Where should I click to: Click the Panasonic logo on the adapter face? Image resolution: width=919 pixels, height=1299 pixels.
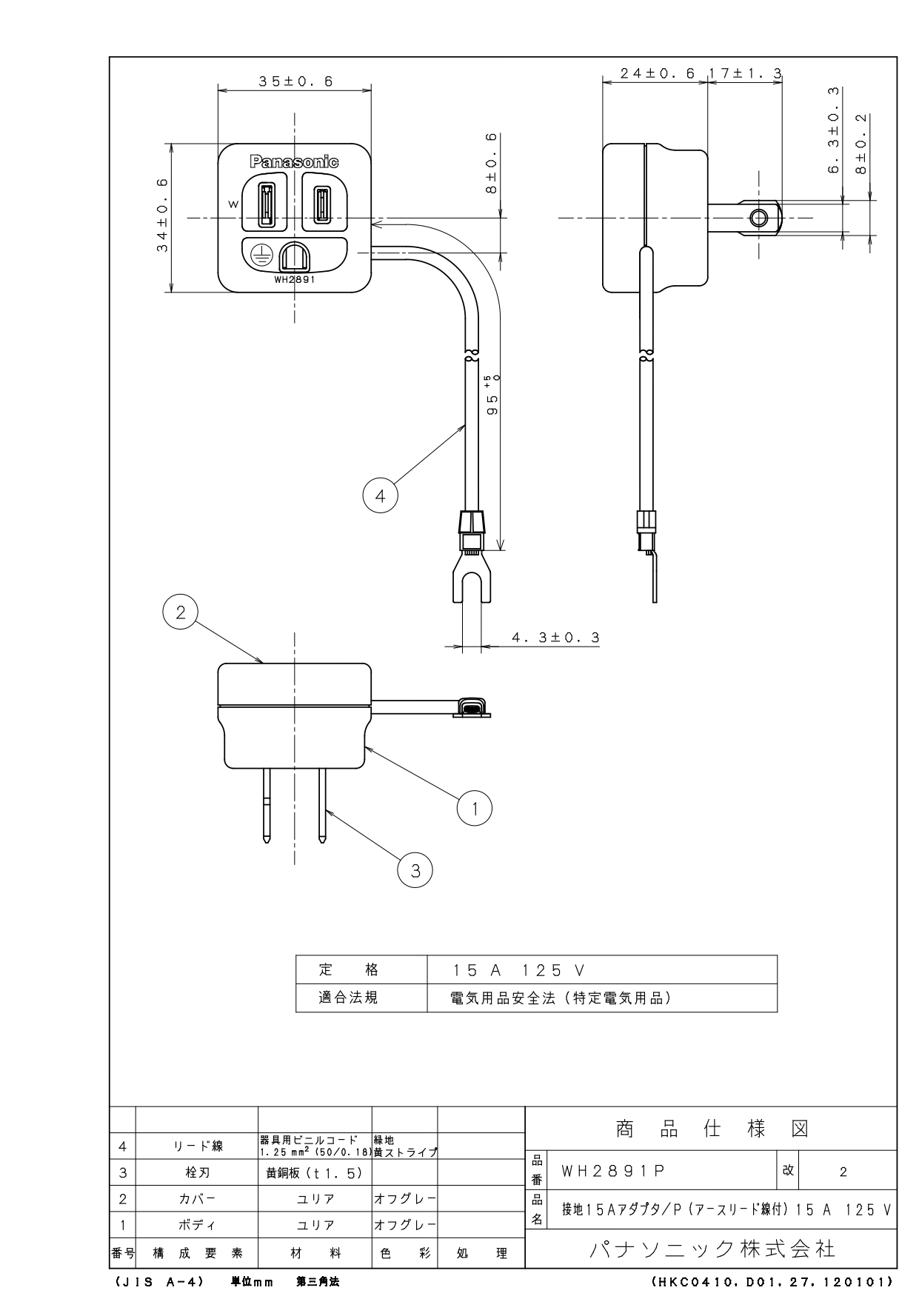click(294, 161)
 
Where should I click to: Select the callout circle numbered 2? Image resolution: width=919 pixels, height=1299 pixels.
click(180, 612)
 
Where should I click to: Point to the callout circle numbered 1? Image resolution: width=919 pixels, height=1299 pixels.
click(475, 808)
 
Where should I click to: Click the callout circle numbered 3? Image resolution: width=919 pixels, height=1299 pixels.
click(415, 871)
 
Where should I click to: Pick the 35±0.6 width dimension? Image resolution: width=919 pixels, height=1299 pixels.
click(295, 81)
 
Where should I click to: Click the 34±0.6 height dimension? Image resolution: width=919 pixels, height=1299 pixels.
click(161, 216)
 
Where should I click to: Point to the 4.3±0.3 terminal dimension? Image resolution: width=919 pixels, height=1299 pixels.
click(555, 638)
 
